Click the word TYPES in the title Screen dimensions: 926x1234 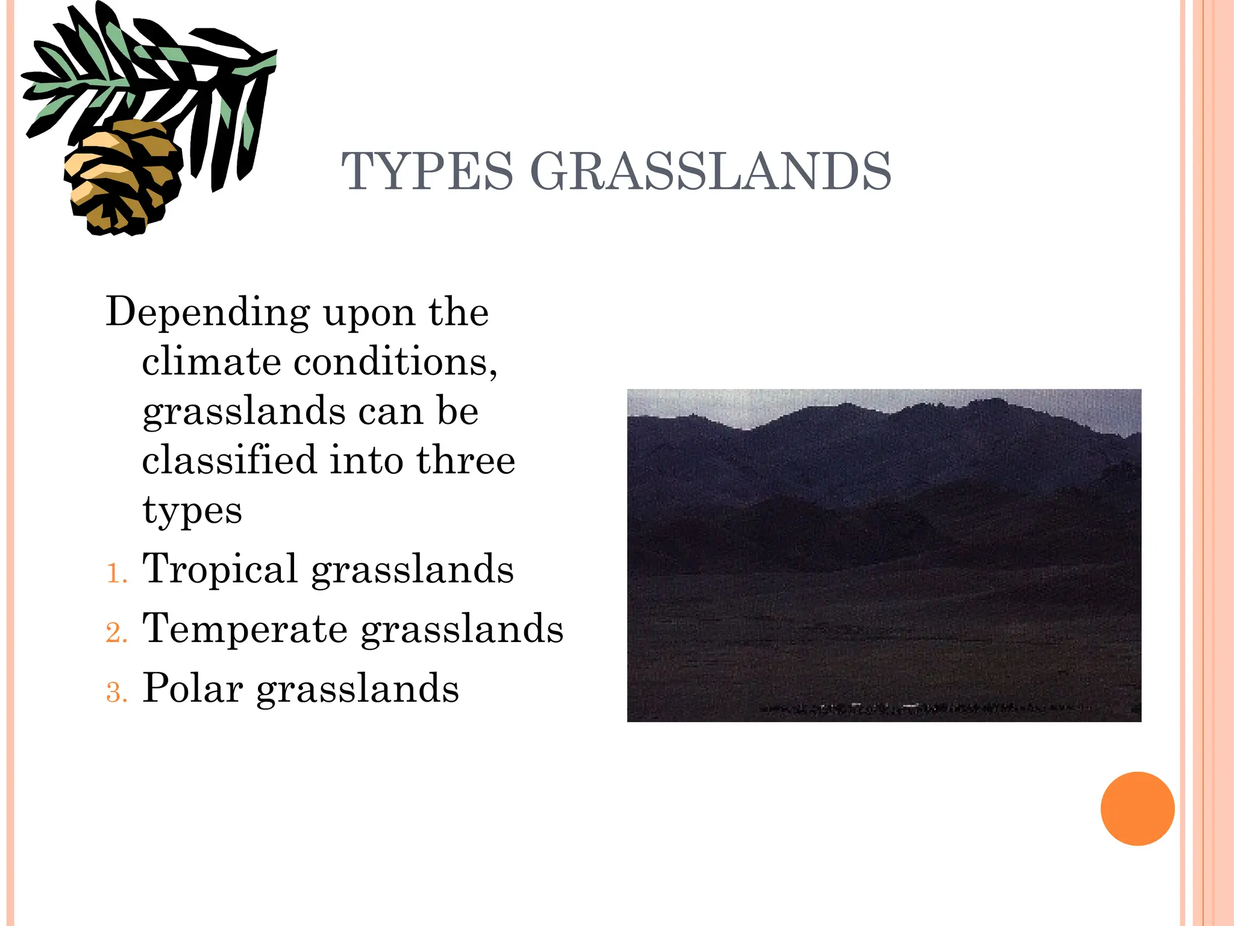(x=427, y=172)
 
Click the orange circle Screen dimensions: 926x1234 (x=1137, y=808)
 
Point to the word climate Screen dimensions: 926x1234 (x=211, y=362)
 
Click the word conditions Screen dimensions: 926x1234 (x=395, y=362)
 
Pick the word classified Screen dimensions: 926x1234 (x=229, y=460)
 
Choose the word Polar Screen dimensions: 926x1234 (x=192, y=688)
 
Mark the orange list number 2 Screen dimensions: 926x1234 (x=116, y=633)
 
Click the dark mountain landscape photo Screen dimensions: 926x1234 (x=884, y=555)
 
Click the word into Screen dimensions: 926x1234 (x=366, y=460)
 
